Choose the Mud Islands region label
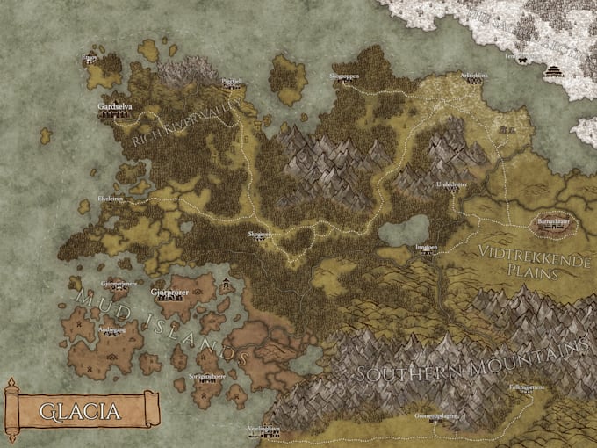pos(158,321)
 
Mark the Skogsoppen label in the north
pos(345,77)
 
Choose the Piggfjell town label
pos(233,80)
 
